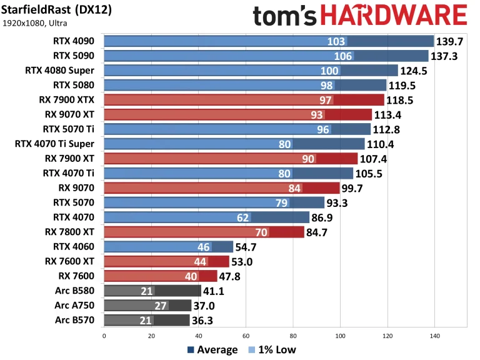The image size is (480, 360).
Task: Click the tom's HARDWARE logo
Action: click(x=360, y=15)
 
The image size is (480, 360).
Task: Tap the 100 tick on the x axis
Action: click(x=340, y=335)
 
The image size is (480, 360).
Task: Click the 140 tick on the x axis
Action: click(x=434, y=335)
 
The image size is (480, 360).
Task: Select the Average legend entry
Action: click(x=212, y=349)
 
